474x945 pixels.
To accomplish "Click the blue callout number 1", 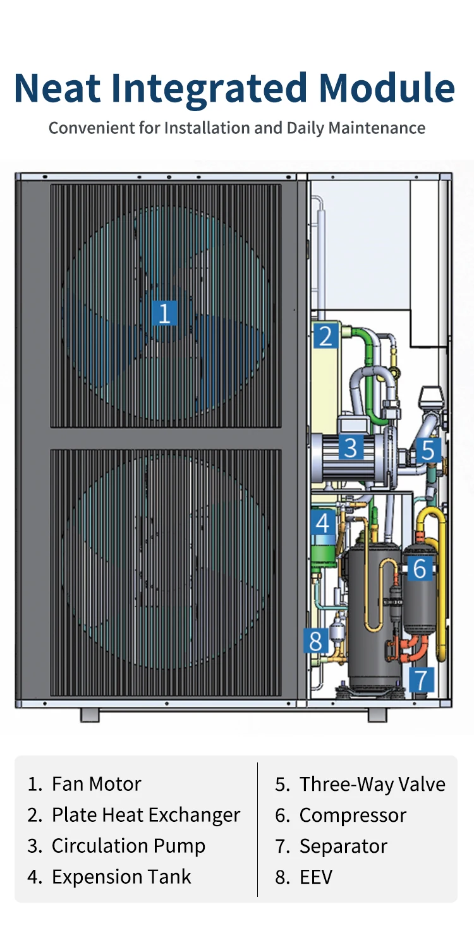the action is tap(164, 313).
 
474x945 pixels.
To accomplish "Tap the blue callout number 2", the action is tap(325, 336).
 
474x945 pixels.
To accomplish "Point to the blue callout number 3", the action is tap(350, 447).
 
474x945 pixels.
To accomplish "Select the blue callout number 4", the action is tap(323, 523).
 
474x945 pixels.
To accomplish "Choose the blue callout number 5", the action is tap(428, 450).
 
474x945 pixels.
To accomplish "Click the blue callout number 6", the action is tap(420, 569).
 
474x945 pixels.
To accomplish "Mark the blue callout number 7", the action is tap(422, 680).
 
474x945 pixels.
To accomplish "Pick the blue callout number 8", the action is tap(315, 641).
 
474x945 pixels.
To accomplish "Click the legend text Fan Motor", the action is tap(96, 784).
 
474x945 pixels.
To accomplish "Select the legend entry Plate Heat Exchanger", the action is tap(145, 815).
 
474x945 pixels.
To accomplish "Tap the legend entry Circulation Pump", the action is tap(128, 846).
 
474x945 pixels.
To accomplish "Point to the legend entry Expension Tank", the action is tap(121, 877).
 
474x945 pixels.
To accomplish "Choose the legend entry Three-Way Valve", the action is tap(372, 784).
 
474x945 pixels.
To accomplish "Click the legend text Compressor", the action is tap(352, 815).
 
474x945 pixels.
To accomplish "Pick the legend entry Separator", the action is tap(343, 846).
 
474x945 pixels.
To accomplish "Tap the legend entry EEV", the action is tap(315, 877).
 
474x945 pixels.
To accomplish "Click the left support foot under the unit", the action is tap(90, 715).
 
